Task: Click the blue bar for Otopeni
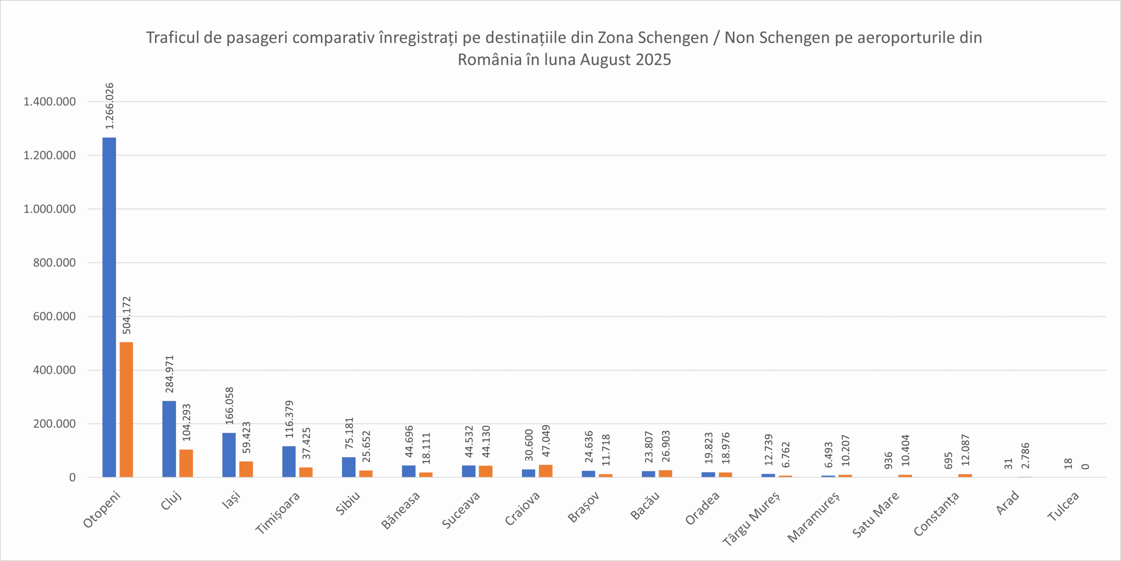[x=109, y=307]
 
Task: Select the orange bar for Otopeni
[x=126, y=409]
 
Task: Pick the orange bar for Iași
[x=246, y=469]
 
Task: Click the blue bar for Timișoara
[x=289, y=462]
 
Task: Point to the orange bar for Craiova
[x=546, y=471]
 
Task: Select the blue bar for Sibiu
[x=349, y=467]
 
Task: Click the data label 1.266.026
[x=109, y=106]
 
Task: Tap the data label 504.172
[x=127, y=315]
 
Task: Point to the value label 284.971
[x=169, y=374]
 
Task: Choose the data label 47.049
[x=546, y=441]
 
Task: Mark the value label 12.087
[x=966, y=450]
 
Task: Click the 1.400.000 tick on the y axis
[x=49, y=102]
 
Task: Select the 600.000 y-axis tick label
[x=54, y=316]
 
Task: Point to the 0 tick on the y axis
[x=72, y=477]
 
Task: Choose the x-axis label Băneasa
[x=401, y=510]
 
